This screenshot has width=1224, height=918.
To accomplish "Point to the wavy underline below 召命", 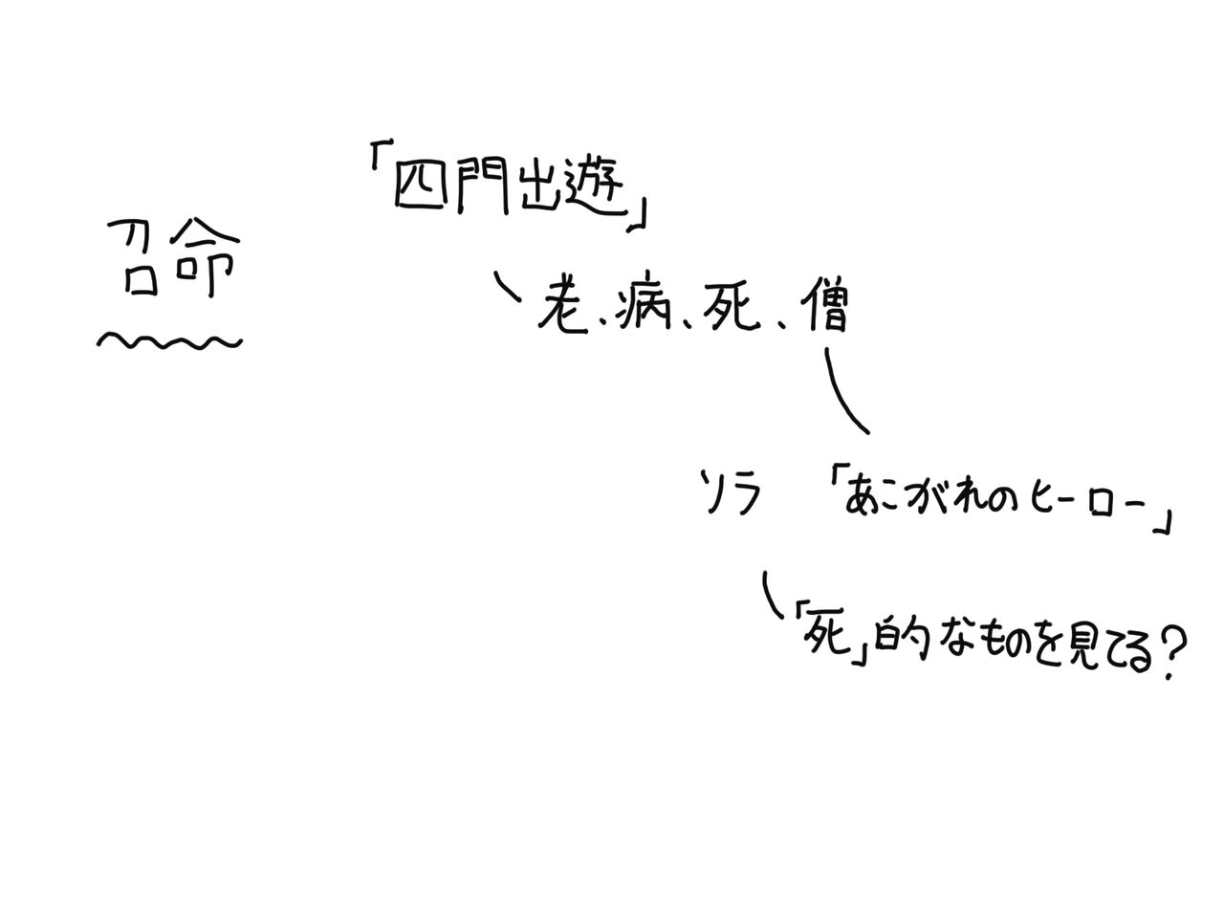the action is click(168, 340).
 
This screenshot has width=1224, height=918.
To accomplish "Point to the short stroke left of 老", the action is click(506, 286).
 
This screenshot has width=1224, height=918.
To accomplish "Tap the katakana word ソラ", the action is click(732, 493).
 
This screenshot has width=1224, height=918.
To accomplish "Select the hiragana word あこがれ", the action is click(912, 498).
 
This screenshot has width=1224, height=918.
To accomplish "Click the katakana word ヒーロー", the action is click(1084, 501).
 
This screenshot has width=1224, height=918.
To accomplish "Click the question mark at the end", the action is click(1171, 652).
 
